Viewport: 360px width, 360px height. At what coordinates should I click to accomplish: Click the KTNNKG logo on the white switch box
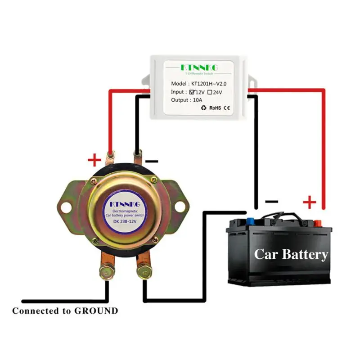199,67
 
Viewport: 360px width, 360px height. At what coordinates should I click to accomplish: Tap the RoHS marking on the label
216,108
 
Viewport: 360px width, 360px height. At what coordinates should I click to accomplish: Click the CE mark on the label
227,108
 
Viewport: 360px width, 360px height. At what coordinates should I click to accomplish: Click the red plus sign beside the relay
94,159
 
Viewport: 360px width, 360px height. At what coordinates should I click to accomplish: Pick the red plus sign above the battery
310,202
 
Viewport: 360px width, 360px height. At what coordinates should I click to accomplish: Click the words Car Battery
291,254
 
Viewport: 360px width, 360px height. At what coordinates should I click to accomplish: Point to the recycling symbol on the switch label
203,108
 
